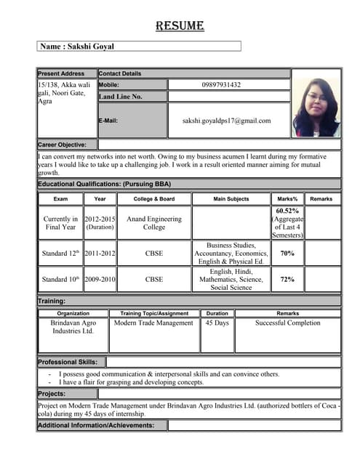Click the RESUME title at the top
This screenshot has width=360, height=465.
click(x=180, y=26)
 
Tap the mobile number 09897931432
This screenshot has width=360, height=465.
click(x=221, y=85)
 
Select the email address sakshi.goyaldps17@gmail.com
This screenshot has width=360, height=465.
click(x=226, y=121)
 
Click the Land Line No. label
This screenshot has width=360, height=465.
click(x=121, y=96)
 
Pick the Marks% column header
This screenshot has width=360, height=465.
click(x=287, y=198)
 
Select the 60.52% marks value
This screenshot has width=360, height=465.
click(x=287, y=211)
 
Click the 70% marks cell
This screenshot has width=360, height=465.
click(x=287, y=254)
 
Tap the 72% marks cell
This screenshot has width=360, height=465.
click(x=287, y=279)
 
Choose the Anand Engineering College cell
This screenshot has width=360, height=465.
click(x=154, y=222)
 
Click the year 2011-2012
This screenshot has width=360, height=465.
click(x=100, y=254)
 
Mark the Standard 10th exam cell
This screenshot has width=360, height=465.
click(x=60, y=279)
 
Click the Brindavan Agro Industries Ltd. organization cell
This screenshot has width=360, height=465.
click(x=73, y=326)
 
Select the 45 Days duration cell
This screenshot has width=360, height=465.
click(x=217, y=323)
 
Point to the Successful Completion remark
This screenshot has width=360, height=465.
click(x=287, y=323)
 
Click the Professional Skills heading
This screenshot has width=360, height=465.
click(x=71, y=362)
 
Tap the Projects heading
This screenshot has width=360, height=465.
click(x=52, y=393)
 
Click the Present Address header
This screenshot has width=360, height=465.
click(x=61, y=73)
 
